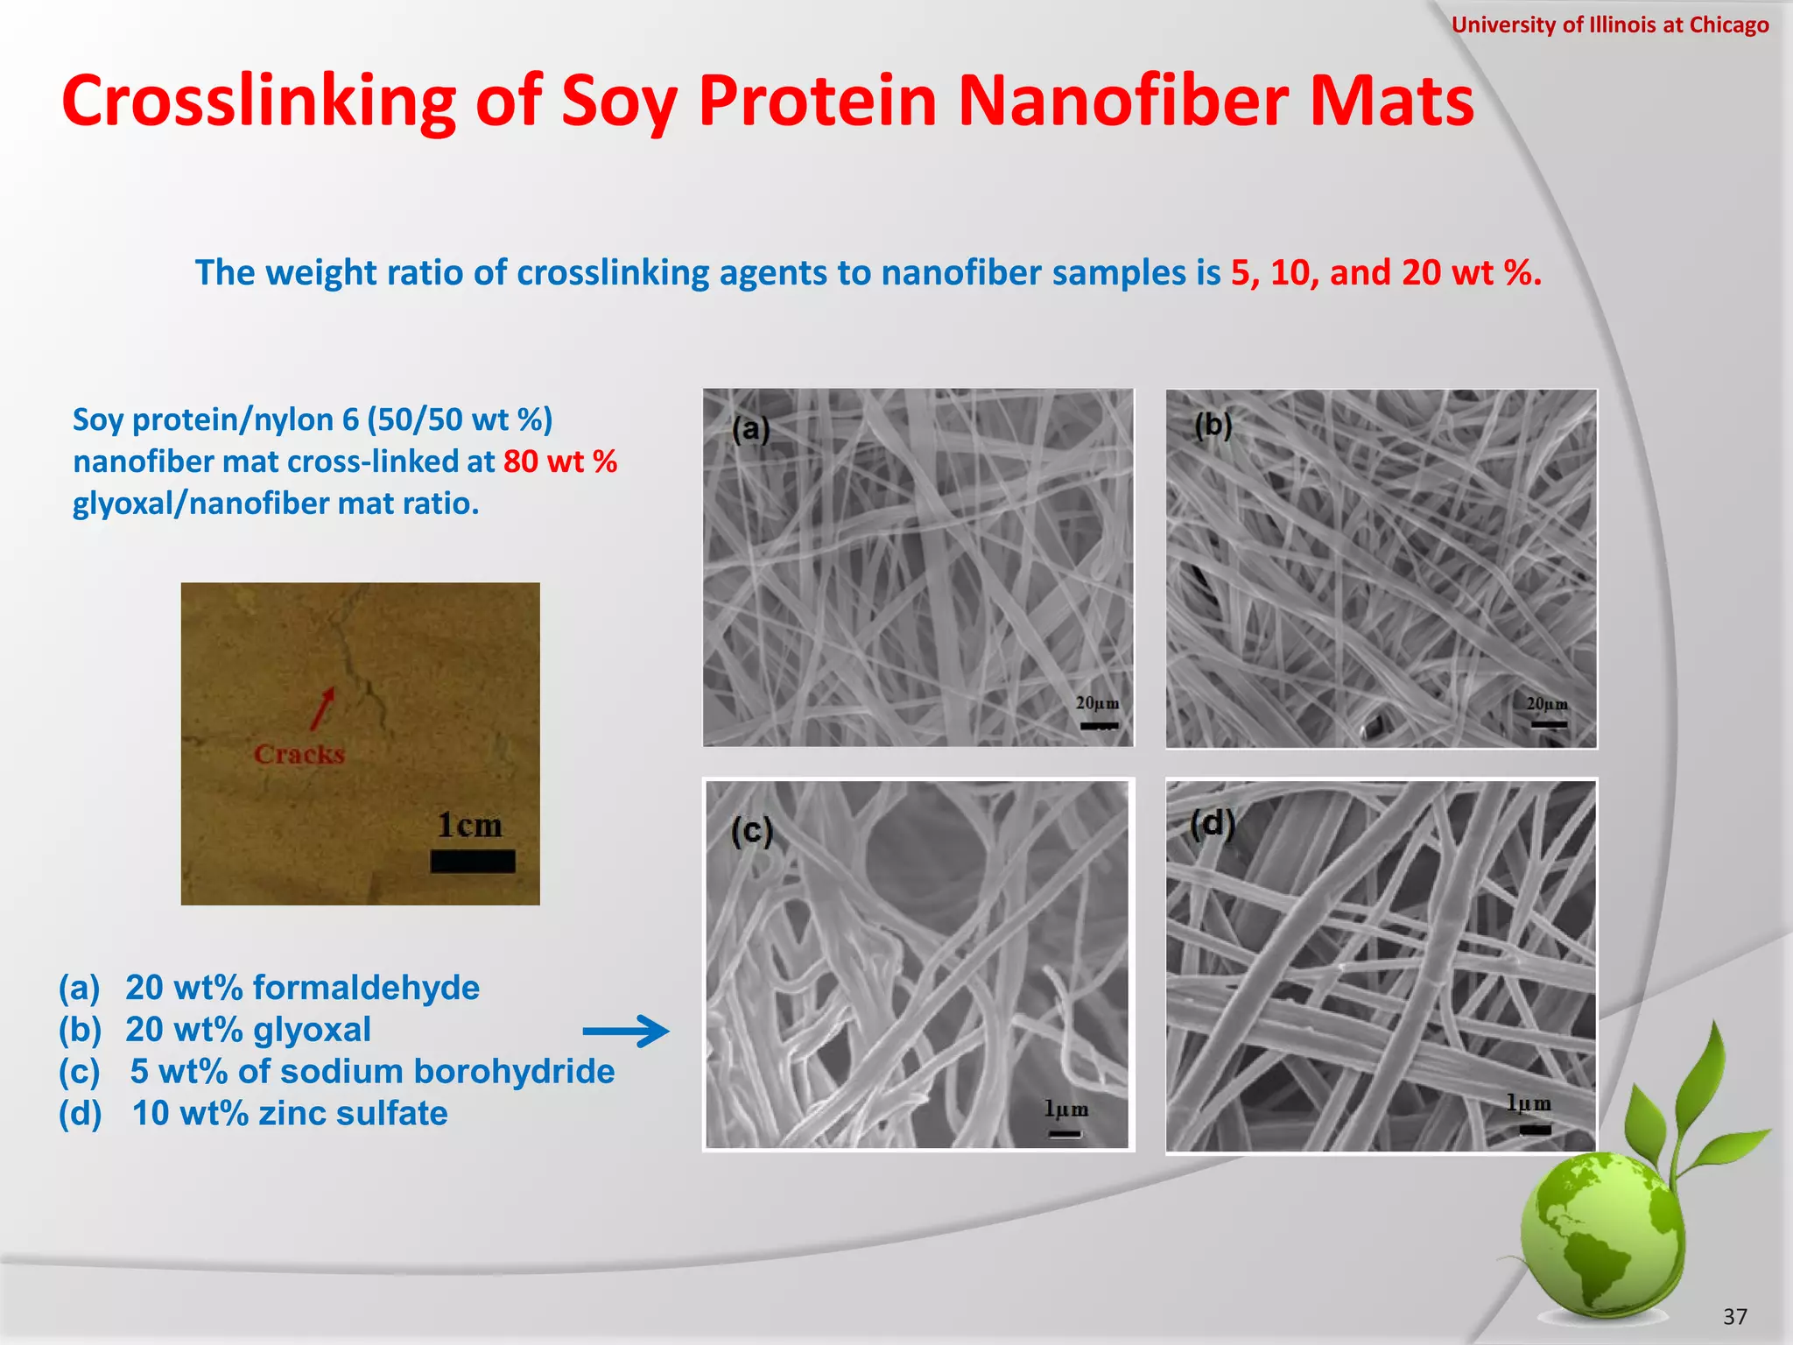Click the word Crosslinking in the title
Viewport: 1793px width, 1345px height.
pos(259,102)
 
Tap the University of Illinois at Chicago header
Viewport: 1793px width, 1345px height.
pos(1609,25)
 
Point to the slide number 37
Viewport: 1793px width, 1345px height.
pos(1734,1316)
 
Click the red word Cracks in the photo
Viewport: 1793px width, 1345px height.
pos(299,754)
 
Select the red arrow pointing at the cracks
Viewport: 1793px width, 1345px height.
pos(322,708)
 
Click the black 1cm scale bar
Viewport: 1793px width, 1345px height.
pos(473,862)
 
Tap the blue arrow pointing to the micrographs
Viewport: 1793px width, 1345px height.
pos(626,1031)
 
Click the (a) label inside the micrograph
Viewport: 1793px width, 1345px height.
pos(751,429)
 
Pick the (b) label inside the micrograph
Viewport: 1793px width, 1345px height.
pos(1213,426)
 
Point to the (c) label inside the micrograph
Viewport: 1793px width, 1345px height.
pos(752,831)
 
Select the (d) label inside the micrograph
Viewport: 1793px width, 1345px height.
pos(1213,824)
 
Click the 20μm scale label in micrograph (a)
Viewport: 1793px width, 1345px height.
pos(1098,703)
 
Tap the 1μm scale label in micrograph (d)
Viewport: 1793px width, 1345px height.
pos(1529,1103)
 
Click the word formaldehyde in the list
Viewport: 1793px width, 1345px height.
pos(366,988)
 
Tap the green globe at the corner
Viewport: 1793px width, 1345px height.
pos(1602,1235)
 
